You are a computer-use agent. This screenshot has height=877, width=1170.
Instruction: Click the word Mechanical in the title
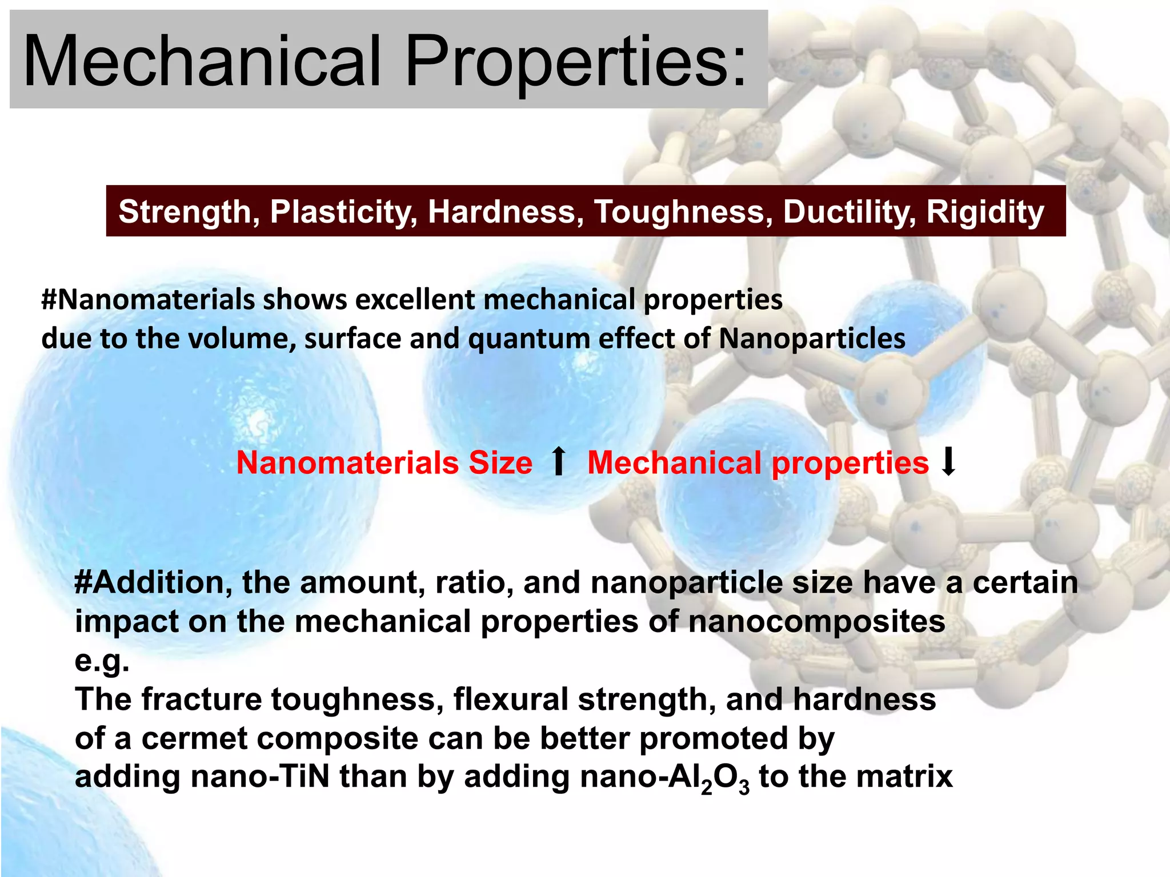(201, 61)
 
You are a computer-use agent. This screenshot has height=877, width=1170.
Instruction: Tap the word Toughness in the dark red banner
(683, 212)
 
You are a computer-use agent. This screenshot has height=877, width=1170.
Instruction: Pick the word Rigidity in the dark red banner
(985, 212)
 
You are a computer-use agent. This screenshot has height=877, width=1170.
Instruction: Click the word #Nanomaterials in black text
(147, 300)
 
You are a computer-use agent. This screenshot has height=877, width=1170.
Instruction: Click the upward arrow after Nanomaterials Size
(559, 461)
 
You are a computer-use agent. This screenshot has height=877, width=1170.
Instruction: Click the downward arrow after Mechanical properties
(948, 461)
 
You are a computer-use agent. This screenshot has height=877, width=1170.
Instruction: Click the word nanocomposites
(816, 621)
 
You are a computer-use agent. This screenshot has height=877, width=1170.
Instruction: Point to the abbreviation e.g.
(102, 661)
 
